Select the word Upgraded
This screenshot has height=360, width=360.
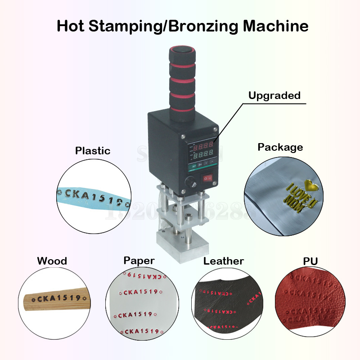274,95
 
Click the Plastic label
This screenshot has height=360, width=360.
93,151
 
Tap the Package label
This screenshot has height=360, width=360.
280,147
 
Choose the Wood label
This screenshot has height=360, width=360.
52,261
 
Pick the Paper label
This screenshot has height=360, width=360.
139,261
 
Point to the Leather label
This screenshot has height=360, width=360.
224,261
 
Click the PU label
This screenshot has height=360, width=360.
310,261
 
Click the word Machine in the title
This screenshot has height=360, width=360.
276,26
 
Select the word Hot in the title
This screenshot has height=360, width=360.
72,26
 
